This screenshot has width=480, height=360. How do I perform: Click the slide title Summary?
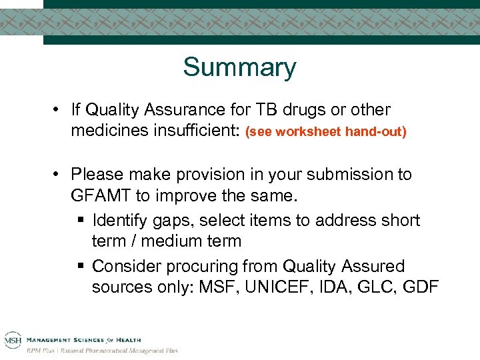tap(239, 67)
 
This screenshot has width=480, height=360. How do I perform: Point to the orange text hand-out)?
tap(375, 132)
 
